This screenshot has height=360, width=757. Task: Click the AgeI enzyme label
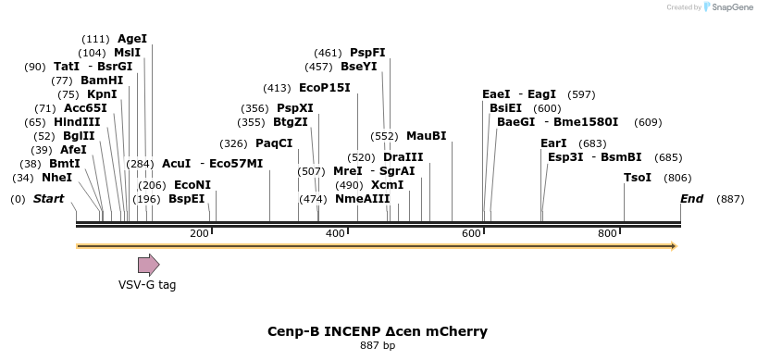[132, 39]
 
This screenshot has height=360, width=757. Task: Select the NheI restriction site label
[56, 178]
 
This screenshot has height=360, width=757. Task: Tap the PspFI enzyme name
[367, 53]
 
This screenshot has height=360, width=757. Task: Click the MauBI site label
[426, 136]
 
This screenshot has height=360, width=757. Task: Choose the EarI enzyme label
[553, 143]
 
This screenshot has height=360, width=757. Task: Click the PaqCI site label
[274, 143]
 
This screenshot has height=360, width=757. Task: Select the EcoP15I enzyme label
[325, 88]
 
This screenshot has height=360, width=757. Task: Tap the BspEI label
[186, 199]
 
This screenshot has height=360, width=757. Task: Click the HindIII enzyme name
[77, 122]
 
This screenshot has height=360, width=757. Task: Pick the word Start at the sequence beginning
[49, 199]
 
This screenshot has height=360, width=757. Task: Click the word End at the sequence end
[691, 199]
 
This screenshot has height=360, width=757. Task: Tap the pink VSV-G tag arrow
[148, 265]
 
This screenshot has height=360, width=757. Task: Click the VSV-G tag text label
[147, 285]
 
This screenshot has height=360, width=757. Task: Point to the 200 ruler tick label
[199, 233]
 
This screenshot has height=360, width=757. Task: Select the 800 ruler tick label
[607, 233]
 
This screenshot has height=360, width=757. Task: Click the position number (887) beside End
[730, 199]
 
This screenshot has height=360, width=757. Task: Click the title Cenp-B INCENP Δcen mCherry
[378, 331]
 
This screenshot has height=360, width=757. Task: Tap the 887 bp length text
[378, 346]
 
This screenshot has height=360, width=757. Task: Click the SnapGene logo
[727, 7]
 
